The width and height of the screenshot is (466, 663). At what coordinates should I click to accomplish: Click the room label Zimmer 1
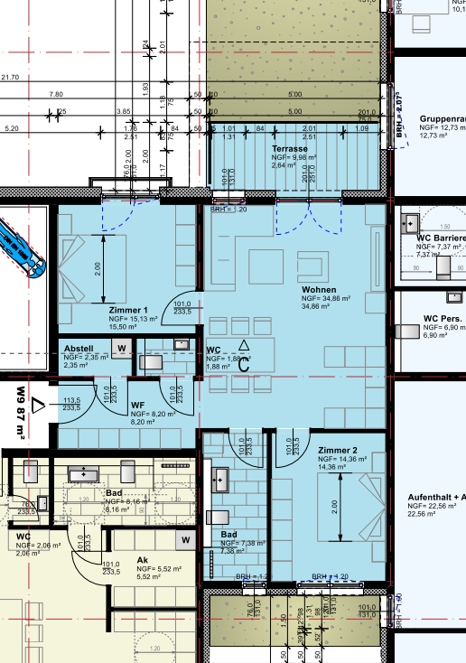(x=126, y=309)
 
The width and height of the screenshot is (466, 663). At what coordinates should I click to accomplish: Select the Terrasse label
(x=290, y=148)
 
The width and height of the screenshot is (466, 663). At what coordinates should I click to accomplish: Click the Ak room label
(x=143, y=559)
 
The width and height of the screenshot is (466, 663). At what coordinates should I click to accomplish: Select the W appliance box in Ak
(x=186, y=540)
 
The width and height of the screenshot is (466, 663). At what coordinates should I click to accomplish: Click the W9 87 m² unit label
(x=21, y=416)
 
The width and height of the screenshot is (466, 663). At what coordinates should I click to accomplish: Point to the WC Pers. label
(x=443, y=319)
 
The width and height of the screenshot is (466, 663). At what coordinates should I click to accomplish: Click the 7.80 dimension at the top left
(x=56, y=94)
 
